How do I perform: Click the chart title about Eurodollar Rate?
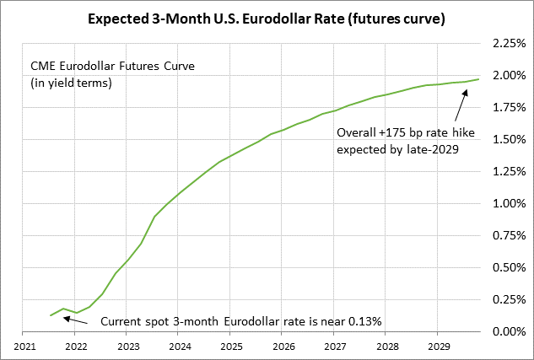(x=267, y=18)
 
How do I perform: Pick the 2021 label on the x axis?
(x=24, y=346)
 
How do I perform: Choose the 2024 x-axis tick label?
(x=179, y=346)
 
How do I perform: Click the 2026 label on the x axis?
(x=282, y=346)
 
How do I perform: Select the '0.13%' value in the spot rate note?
(x=365, y=321)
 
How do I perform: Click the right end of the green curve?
(x=479, y=79)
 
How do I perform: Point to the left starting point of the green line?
(x=51, y=315)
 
